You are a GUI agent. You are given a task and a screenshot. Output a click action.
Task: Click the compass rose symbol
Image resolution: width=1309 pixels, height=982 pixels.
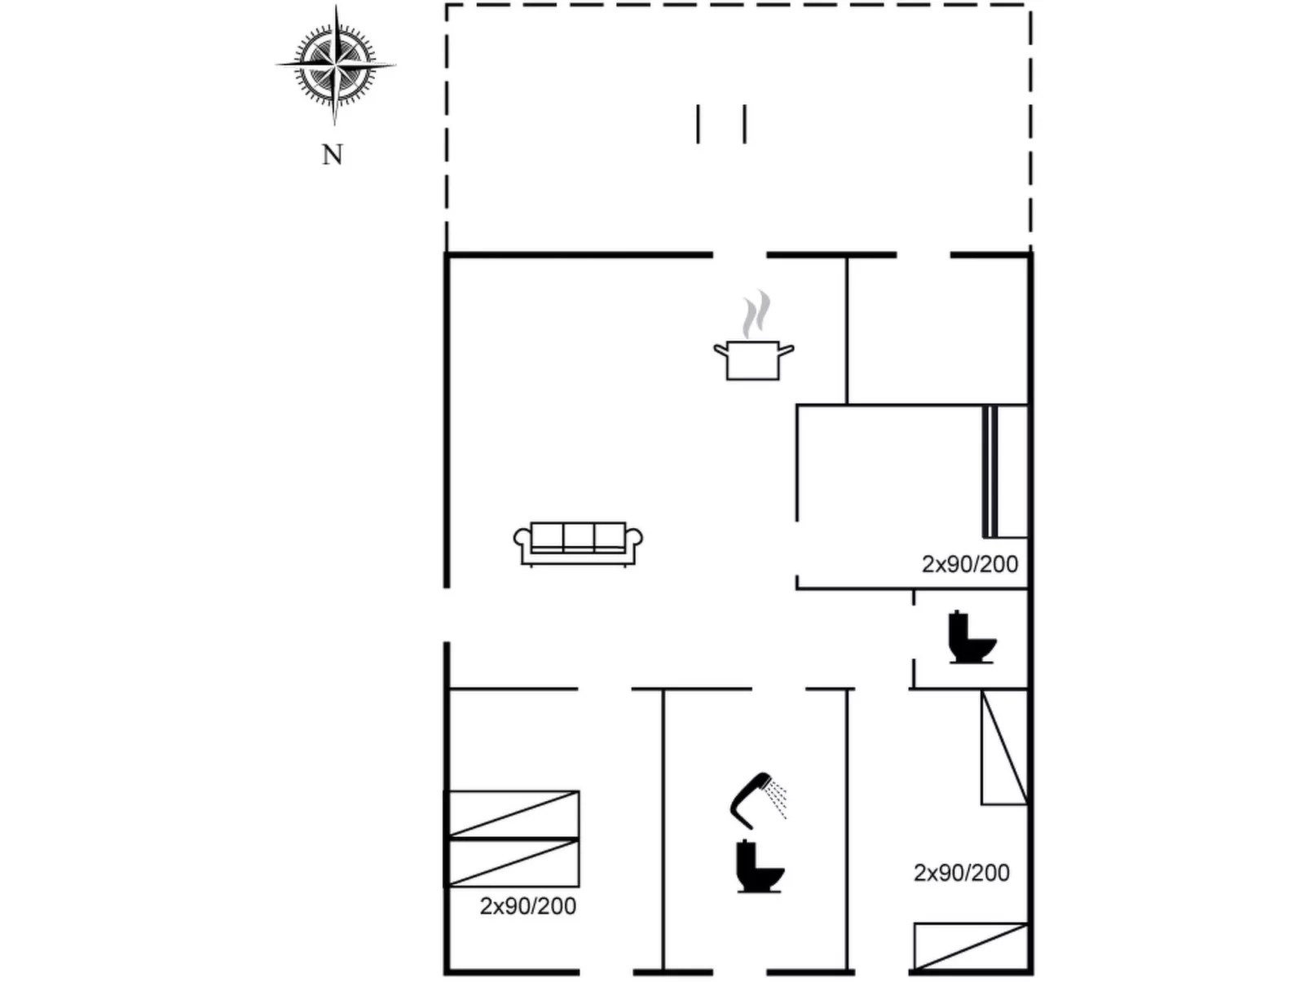coord(335,64)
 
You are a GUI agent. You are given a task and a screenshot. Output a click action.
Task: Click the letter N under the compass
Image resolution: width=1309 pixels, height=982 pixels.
coord(333,155)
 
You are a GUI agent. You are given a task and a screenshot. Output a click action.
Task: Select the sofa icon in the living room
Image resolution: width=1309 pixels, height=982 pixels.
coord(578,544)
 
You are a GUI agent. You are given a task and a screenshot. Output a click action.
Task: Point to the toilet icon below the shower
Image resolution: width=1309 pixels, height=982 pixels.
coord(760,866)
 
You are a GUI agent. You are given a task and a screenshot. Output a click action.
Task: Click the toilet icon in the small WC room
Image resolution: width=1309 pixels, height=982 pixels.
coord(972,636)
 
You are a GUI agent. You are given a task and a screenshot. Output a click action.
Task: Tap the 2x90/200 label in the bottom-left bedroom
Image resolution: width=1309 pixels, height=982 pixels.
coord(528,906)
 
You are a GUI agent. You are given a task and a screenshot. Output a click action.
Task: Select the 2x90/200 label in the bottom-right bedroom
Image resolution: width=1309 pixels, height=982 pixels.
coord(961,873)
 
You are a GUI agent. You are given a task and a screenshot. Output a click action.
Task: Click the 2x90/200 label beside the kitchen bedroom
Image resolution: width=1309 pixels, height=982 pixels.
coord(970,564)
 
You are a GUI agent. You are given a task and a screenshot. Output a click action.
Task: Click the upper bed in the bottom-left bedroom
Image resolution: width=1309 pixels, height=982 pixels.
coord(512,814)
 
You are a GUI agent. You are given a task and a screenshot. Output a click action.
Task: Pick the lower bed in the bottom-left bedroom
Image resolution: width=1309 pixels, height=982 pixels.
coord(512,863)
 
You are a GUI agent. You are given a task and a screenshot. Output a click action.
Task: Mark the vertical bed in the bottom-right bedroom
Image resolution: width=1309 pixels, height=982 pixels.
coord(1004,747)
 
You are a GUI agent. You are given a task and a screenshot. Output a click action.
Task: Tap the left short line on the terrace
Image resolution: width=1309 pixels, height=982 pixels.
coord(698,124)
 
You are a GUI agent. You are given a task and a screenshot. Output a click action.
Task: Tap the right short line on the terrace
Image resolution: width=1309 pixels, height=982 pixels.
coord(744,124)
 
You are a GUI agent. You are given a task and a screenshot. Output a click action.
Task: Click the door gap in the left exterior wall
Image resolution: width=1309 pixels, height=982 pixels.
coord(446,614)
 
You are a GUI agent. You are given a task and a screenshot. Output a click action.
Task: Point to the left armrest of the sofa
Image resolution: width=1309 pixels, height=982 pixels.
coord(522,539)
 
